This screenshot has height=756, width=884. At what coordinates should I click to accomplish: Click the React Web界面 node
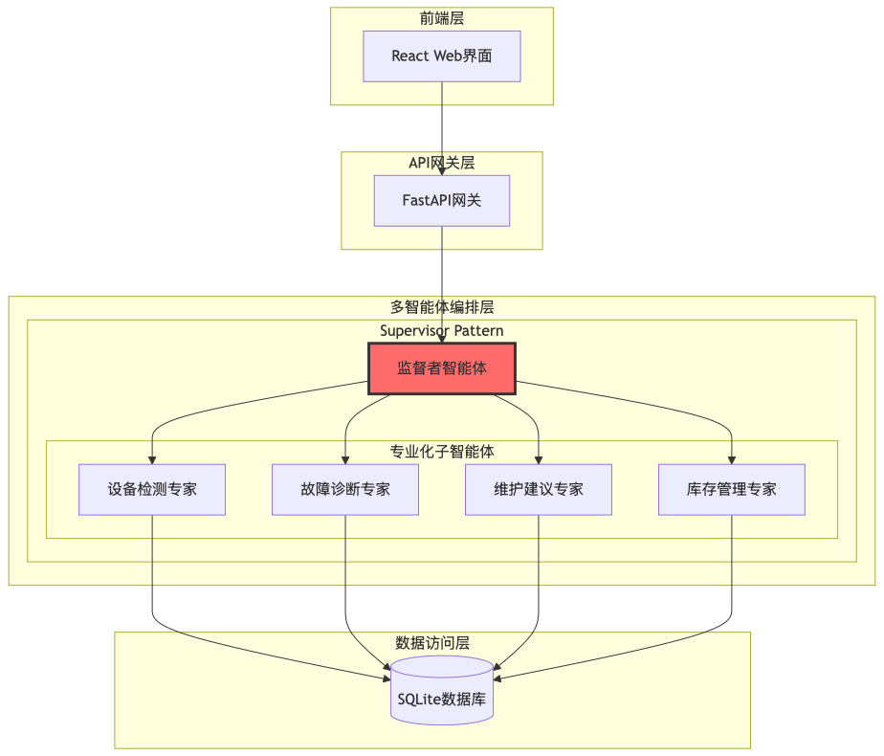441,56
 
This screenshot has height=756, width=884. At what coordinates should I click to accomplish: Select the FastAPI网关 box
441,201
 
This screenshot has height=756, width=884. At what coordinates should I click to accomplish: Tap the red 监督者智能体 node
442,368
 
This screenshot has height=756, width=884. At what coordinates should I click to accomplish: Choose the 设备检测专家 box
152,489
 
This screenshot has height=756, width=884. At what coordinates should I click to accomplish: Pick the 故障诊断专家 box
345,489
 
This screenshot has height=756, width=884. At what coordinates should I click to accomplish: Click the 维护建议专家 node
539,489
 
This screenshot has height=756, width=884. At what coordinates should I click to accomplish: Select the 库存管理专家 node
732,489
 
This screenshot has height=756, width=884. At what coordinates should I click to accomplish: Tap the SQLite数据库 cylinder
442,699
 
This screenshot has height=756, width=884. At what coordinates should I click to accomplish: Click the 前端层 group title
442,18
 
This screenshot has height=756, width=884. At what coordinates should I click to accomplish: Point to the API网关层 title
442,163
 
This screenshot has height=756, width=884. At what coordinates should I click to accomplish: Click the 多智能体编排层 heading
442,307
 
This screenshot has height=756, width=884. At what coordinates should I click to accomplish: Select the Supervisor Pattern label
442,330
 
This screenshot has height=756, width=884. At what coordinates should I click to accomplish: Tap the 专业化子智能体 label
442,451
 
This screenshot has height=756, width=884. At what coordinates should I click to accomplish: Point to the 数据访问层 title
432,642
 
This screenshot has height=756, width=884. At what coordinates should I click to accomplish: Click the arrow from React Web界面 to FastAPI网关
442,124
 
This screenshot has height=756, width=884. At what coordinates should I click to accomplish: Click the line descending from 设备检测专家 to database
152,574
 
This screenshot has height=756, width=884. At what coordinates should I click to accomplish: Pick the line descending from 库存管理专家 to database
732,574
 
